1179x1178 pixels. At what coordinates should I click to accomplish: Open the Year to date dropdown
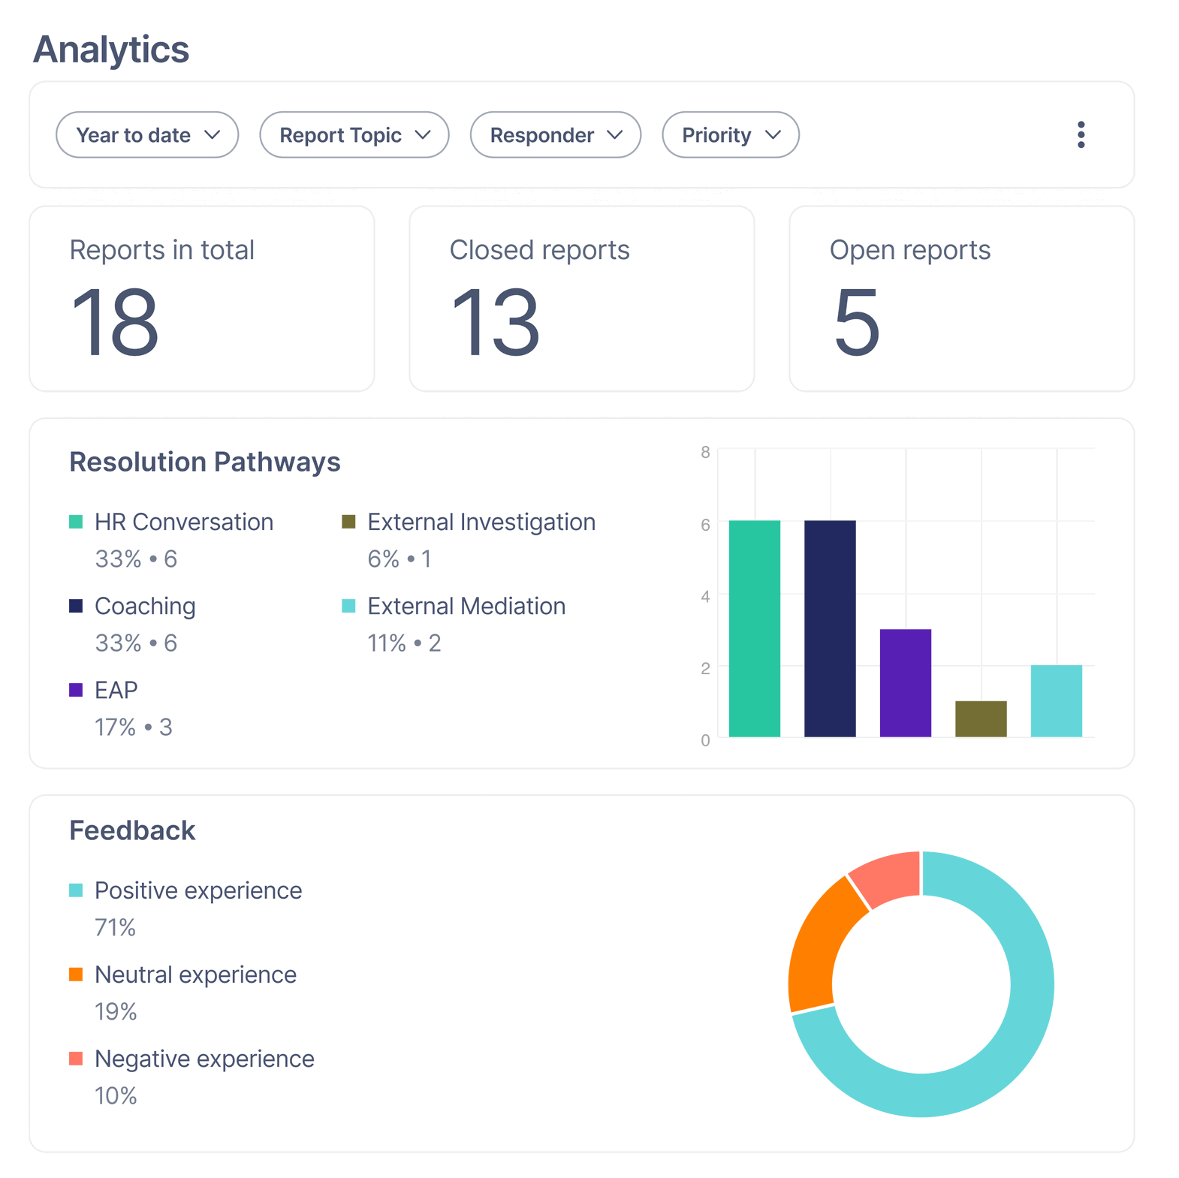[147, 135]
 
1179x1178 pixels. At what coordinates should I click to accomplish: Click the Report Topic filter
[354, 135]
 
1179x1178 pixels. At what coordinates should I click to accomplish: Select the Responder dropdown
[555, 135]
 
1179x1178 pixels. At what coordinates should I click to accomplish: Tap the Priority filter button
[730, 135]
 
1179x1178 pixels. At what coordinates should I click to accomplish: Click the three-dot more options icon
[1081, 135]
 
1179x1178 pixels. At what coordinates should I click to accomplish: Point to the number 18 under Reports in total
[115, 323]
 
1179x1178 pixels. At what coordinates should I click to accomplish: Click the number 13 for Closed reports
[495, 323]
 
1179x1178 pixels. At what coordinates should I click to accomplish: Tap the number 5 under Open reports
[856, 323]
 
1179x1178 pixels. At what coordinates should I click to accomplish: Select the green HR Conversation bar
[754, 629]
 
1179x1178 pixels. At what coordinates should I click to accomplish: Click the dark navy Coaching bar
[830, 629]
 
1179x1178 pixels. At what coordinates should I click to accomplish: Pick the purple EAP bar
[905, 683]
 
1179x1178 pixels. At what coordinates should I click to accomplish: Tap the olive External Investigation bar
[981, 719]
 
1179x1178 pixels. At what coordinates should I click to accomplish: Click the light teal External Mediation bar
[1056, 701]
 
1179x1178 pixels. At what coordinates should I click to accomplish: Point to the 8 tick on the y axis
[705, 452]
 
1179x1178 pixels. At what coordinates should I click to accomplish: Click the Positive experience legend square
[76, 890]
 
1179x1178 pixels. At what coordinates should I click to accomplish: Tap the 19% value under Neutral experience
[116, 1011]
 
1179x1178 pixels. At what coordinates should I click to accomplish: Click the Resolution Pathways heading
[205, 462]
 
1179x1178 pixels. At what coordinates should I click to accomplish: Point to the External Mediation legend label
[466, 606]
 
